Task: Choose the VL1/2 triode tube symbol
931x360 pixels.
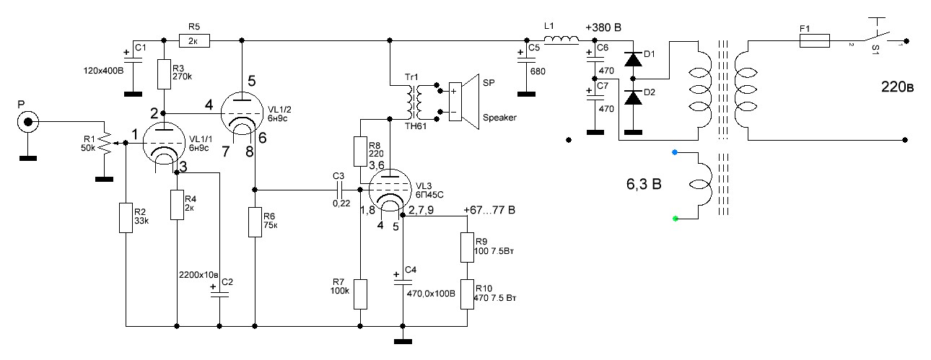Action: pyautogui.click(x=240, y=112)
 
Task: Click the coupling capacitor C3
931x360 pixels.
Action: pyautogui.click(x=338, y=190)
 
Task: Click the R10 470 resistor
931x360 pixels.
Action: pyautogui.click(x=466, y=294)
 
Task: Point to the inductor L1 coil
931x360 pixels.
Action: pyautogui.click(x=561, y=43)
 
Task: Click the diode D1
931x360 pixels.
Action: pyautogui.click(x=633, y=60)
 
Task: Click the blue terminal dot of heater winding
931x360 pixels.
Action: pyautogui.click(x=674, y=152)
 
